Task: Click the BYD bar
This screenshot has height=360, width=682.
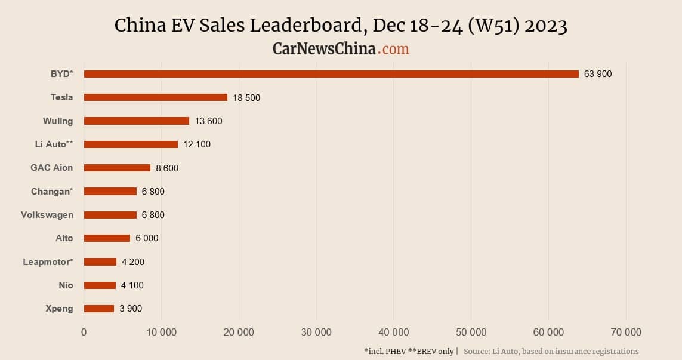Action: (331, 74)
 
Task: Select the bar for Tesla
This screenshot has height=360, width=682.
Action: (156, 97)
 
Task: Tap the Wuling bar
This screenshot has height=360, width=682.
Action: (137, 121)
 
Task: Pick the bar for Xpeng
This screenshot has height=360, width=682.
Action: (99, 309)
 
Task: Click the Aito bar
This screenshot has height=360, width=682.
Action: (107, 238)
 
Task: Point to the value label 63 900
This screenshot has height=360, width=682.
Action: (598, 74)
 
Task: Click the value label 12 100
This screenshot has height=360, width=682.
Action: (197, 144)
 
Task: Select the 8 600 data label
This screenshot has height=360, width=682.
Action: (167, 168)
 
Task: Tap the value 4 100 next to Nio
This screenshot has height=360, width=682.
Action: (132, 285)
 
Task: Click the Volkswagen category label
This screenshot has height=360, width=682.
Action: (47, 215)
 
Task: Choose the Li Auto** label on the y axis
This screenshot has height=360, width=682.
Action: (54, 144)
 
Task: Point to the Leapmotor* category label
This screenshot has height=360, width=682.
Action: (48, 262)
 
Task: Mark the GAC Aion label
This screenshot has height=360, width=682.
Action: (52, 168)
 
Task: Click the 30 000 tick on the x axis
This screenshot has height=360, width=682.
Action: (316, 333)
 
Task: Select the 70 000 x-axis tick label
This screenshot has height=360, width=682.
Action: (625, 333)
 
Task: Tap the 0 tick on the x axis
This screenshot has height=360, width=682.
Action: (84, 333)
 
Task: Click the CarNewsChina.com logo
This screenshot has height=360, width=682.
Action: (341, 48)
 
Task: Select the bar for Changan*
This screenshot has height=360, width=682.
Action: (110, 192)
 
